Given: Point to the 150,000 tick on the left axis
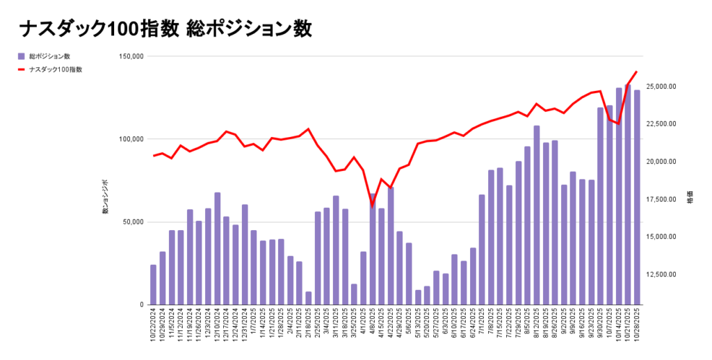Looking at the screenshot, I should click(x=129, y=56).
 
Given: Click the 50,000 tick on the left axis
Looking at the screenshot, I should click(x=132, y=222).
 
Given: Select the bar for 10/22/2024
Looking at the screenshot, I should click(x=154, y=284).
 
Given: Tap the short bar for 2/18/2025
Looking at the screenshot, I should click(x=308, y=298).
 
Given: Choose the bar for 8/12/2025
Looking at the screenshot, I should click(x=537, y=215).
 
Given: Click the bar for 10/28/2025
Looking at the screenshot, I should click(x=637, y=197).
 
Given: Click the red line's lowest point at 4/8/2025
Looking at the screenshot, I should click(x=372, y=206).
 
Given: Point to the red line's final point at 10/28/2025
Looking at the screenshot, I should click(x=637, y=72).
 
